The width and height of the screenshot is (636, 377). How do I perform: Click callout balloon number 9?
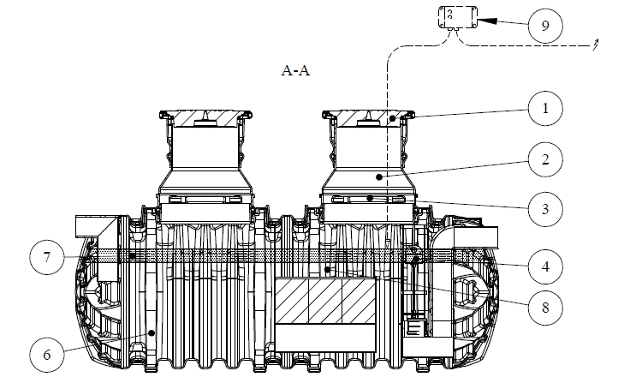point(541,25)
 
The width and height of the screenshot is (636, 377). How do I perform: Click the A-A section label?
point(295,71)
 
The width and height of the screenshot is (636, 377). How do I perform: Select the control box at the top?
point(454,19)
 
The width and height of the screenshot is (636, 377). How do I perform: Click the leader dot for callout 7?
point(131,256)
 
